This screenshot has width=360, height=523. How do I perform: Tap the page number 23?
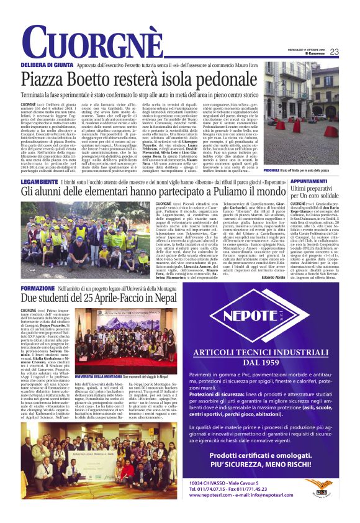point(351,52)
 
